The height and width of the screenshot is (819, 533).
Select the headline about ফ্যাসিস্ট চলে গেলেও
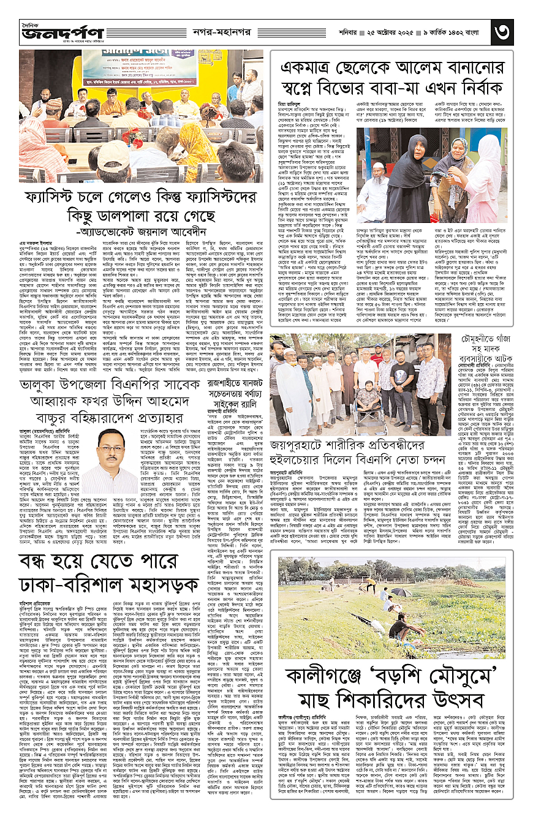(x=144, y=208)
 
